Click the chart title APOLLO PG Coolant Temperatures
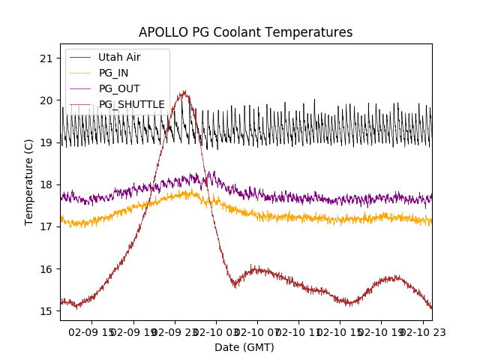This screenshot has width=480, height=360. [245, 32]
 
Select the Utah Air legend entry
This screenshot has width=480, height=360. [119, 57]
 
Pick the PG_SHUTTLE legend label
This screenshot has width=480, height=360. [131, 104]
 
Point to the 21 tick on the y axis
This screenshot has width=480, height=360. [46, 58]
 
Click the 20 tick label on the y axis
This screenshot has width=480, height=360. [46, 100]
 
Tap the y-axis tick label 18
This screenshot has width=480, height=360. [46, 184]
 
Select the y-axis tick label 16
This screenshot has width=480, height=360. [46, 269]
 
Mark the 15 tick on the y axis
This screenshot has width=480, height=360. [46, 311]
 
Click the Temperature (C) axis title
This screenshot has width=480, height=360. [29, 182]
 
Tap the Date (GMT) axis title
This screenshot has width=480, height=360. [244, 347]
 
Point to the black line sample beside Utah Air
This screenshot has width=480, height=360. [80, 57]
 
